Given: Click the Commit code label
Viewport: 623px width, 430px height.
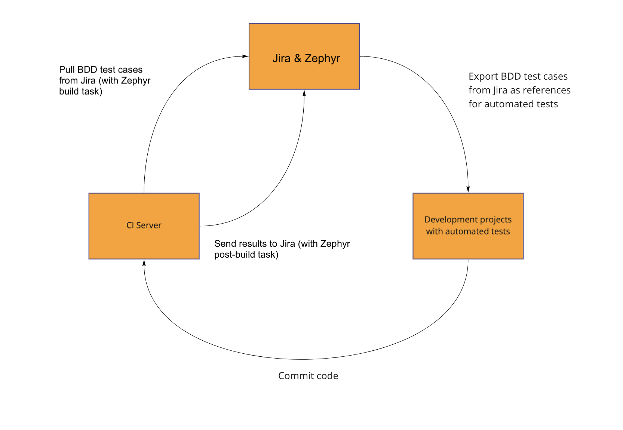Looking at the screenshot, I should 308,376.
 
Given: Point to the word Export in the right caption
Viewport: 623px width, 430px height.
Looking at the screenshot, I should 483,77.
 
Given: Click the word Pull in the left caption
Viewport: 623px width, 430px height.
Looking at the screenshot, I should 67,70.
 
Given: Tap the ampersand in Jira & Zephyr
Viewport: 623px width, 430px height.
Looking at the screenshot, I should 298,58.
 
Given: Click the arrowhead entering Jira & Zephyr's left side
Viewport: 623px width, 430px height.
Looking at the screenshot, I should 246,56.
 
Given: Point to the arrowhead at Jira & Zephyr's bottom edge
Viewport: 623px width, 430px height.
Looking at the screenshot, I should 304,93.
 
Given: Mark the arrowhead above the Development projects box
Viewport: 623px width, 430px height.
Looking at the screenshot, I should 468,190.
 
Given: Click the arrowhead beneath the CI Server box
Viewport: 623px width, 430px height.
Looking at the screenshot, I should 144,263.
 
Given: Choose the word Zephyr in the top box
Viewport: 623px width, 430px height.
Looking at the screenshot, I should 322,59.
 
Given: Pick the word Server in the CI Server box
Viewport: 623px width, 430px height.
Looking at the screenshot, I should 149,225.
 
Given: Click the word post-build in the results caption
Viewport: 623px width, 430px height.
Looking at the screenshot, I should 232,255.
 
